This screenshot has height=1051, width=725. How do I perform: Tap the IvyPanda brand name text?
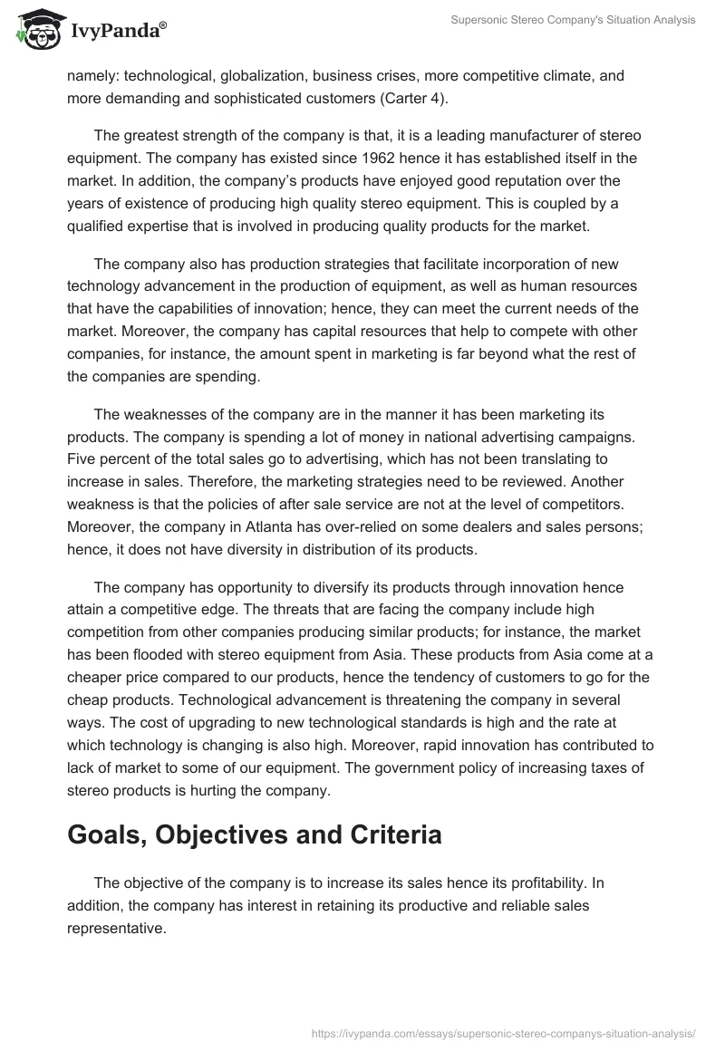116,32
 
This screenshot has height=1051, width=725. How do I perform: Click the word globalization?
266,76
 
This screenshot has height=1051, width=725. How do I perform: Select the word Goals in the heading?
108,834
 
